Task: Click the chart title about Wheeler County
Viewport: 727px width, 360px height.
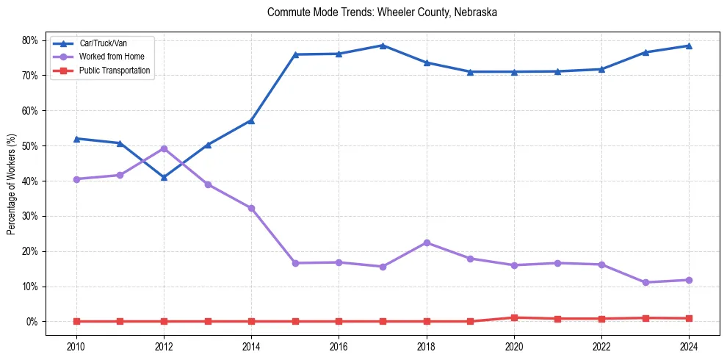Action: click(x=383, y=12)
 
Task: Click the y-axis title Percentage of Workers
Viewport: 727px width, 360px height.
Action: click(x=11, y=184)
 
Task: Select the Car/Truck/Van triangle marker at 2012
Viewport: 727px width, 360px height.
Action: click(x=164, y=177)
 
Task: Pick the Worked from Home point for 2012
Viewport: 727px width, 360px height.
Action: click(x=164, y=148)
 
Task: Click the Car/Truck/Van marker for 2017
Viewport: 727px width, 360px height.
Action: click(x=383, y=46)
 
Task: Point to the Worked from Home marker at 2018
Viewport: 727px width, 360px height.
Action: click(x=427, y=242)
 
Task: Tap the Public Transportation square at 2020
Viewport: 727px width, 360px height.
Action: click(x=514, y=317)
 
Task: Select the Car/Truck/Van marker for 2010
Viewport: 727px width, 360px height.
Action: click(x=76, y=139)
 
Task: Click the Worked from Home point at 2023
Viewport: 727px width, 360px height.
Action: click(x=645, y=282)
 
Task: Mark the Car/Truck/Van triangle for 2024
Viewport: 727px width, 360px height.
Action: click(x=689, y=46)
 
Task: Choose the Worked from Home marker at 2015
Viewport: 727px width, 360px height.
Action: click(x=295, y=263)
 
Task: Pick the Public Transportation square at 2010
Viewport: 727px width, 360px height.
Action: click(x=76, y=321)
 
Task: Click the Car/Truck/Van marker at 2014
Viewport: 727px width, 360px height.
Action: click(x=251, y=120)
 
